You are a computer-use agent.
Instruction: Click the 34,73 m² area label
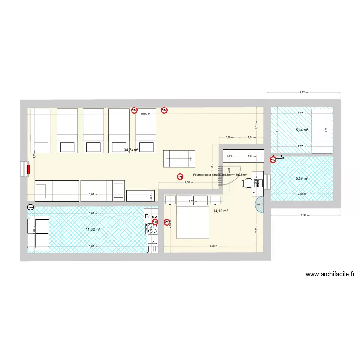(131, 150)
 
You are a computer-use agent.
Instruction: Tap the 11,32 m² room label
(93, 230)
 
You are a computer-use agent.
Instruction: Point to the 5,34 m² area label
(302, 130)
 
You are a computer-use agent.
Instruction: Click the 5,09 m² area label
(302, 179)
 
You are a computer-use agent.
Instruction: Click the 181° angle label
(260, 205)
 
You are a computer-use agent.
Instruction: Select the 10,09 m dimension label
(145, 114)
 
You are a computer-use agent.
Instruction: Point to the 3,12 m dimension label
(303, 92)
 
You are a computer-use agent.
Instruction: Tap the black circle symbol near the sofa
(31, 207)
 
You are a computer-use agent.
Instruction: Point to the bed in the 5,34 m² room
(322, 126)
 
